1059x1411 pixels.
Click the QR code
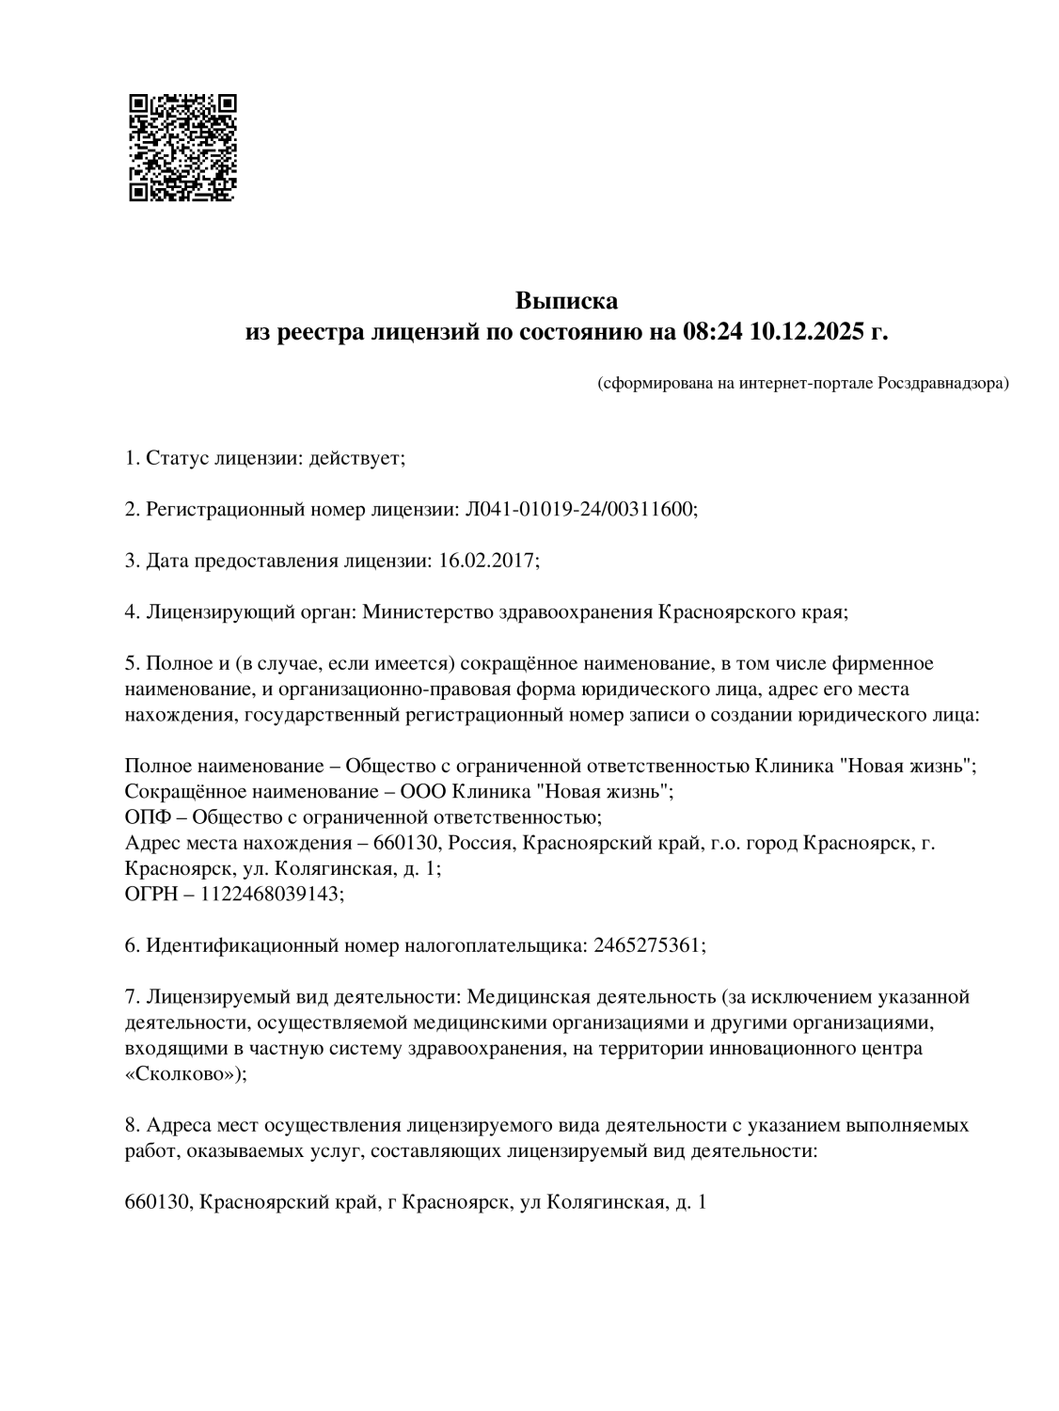pyautogui.click(x=182, y=148)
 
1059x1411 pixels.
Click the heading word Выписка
pyautogui.click(x=566, y=301)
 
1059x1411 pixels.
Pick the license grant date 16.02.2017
pyautogui.click(x=487, y=561)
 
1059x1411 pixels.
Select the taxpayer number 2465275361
pyautogui.click(x=647, y=944)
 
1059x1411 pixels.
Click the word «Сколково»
pyautogui.click(x=182, y=1073)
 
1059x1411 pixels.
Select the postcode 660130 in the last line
pyautogui.click(x=156, y=1202)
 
